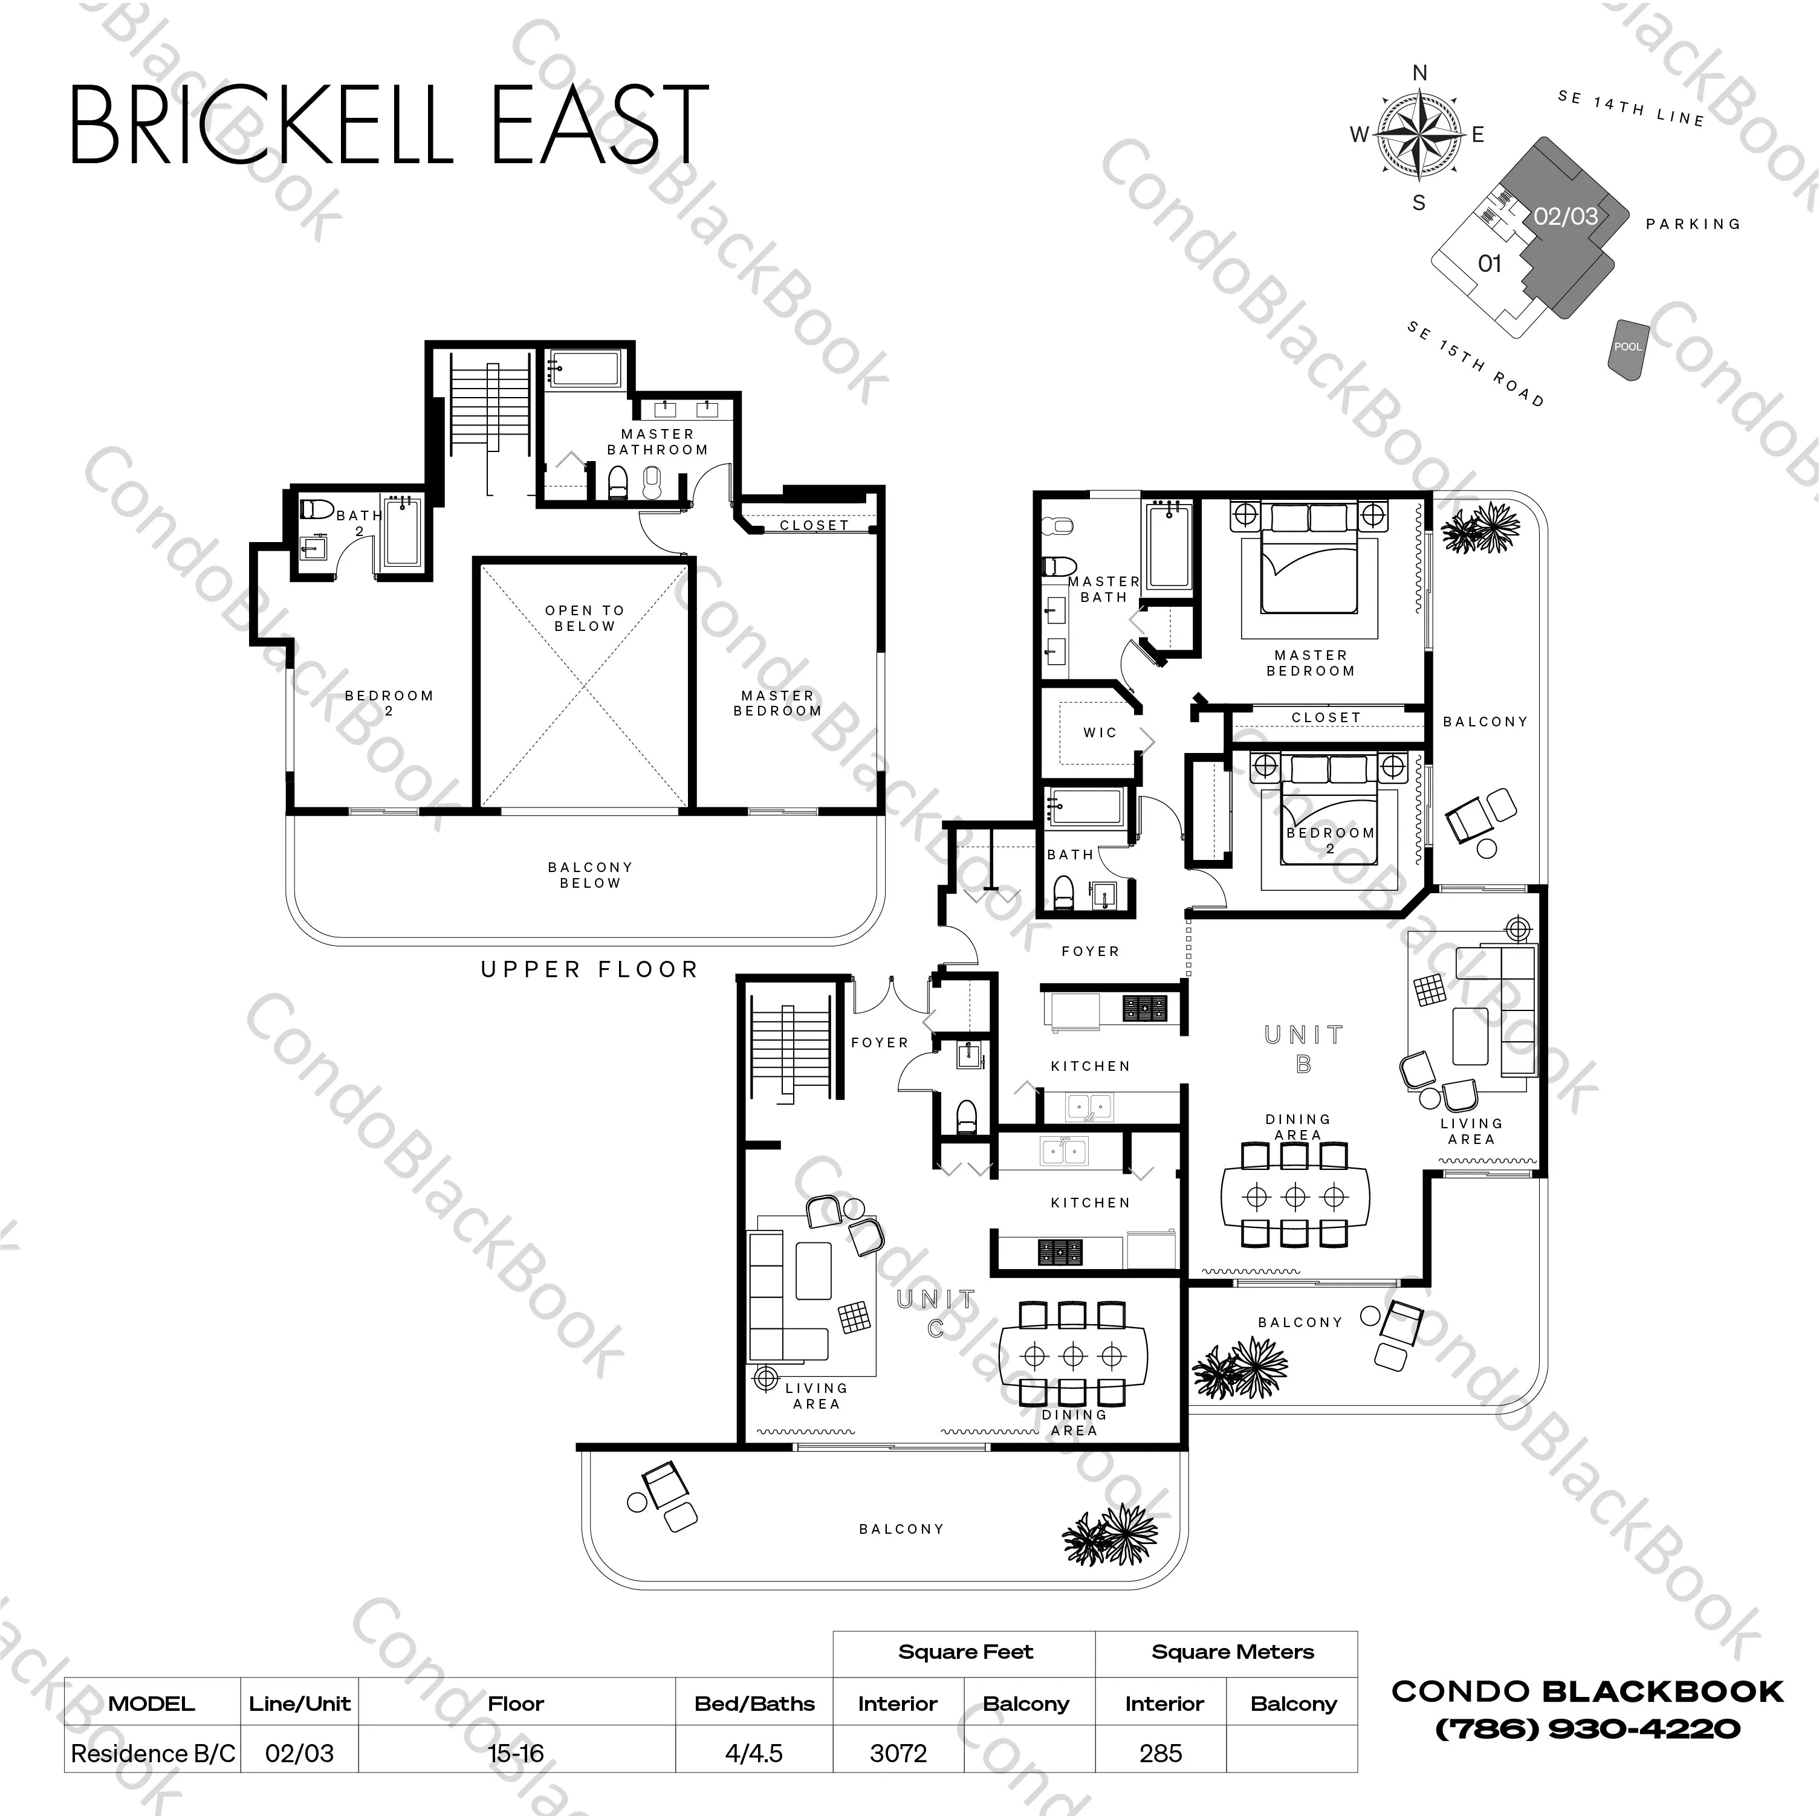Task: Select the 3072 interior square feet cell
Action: pyautogui.click(x=898, y=1753)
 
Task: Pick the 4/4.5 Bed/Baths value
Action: pyautogui.click(x=754, y=1753)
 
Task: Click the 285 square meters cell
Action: pyautogui.click(x=1161, y=1753)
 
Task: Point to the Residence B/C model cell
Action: pyautogui.click(x=152, y=1753)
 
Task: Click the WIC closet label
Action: pyautogui.click(x=1100, y=732)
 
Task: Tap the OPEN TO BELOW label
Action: pyautogui.click(x=585, y=618)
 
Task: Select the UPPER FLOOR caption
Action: pyautogui.click(x=589, y=970)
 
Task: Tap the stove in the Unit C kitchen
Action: pyautogui.click(x=1060, y=1251)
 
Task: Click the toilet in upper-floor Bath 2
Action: pyautogui.click(x=317, y=509)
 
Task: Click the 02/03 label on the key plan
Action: pyautogui.click(x=1566, y=216)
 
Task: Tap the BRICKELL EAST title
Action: pyautogui.click(x=389, y=124)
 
